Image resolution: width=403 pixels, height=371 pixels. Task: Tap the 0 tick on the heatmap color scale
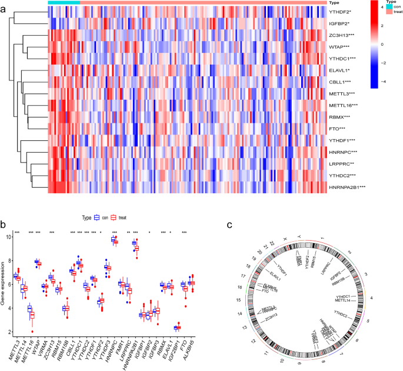click(x=383, y=44)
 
